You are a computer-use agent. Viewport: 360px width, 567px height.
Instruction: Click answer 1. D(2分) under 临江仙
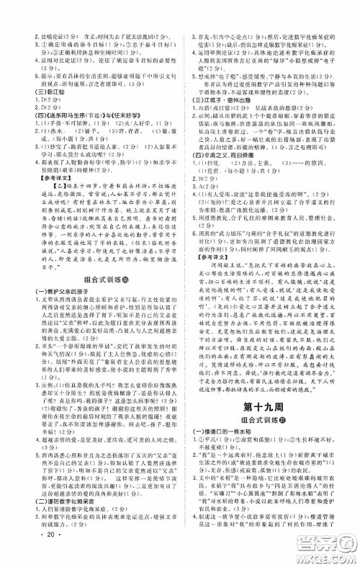point(29,100)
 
